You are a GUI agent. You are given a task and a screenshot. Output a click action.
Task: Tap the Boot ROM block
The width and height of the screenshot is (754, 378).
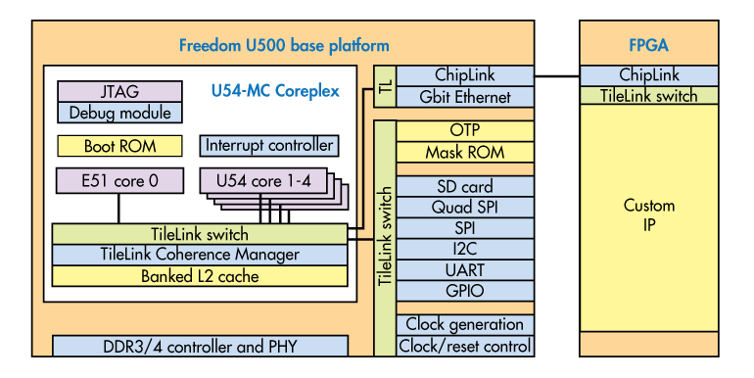pos(119,146)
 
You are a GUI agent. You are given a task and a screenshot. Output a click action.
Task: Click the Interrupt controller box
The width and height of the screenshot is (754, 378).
pos(269,146)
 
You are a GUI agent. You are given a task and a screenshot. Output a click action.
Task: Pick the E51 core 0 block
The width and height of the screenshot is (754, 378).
pos(119,181)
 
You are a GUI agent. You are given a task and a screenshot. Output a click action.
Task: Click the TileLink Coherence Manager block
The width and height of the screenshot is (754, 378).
pos(200,255)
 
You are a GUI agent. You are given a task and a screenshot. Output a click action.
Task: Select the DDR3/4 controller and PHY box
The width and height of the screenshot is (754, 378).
pos(200,346)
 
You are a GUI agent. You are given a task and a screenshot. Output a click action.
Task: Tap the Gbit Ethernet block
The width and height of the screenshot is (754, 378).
pos(464,96)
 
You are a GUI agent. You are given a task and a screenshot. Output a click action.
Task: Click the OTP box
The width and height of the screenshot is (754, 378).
pos(464,130)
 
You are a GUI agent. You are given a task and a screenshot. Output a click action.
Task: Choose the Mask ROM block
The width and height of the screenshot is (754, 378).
pos(464,153)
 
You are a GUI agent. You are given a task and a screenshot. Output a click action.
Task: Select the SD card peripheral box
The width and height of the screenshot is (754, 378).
pos(464,186)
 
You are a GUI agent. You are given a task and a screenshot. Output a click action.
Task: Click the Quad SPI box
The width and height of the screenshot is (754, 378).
pos(464,207)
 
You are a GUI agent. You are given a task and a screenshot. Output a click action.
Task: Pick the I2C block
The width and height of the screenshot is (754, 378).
pos(464,249)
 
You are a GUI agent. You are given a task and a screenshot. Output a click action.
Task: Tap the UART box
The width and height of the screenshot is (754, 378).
pos(464,269)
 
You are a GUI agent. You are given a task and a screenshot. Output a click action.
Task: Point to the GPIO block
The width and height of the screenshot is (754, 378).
pos(464,291)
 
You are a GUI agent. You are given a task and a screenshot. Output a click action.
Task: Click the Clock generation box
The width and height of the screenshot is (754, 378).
pos(464,324)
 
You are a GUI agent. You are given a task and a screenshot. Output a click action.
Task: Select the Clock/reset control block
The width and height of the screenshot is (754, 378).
pos(464,346)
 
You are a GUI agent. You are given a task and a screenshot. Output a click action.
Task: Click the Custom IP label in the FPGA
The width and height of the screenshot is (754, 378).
pos(649,214)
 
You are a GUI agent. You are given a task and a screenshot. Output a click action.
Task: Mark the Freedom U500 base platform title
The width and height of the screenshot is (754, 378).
pos(284,45)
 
